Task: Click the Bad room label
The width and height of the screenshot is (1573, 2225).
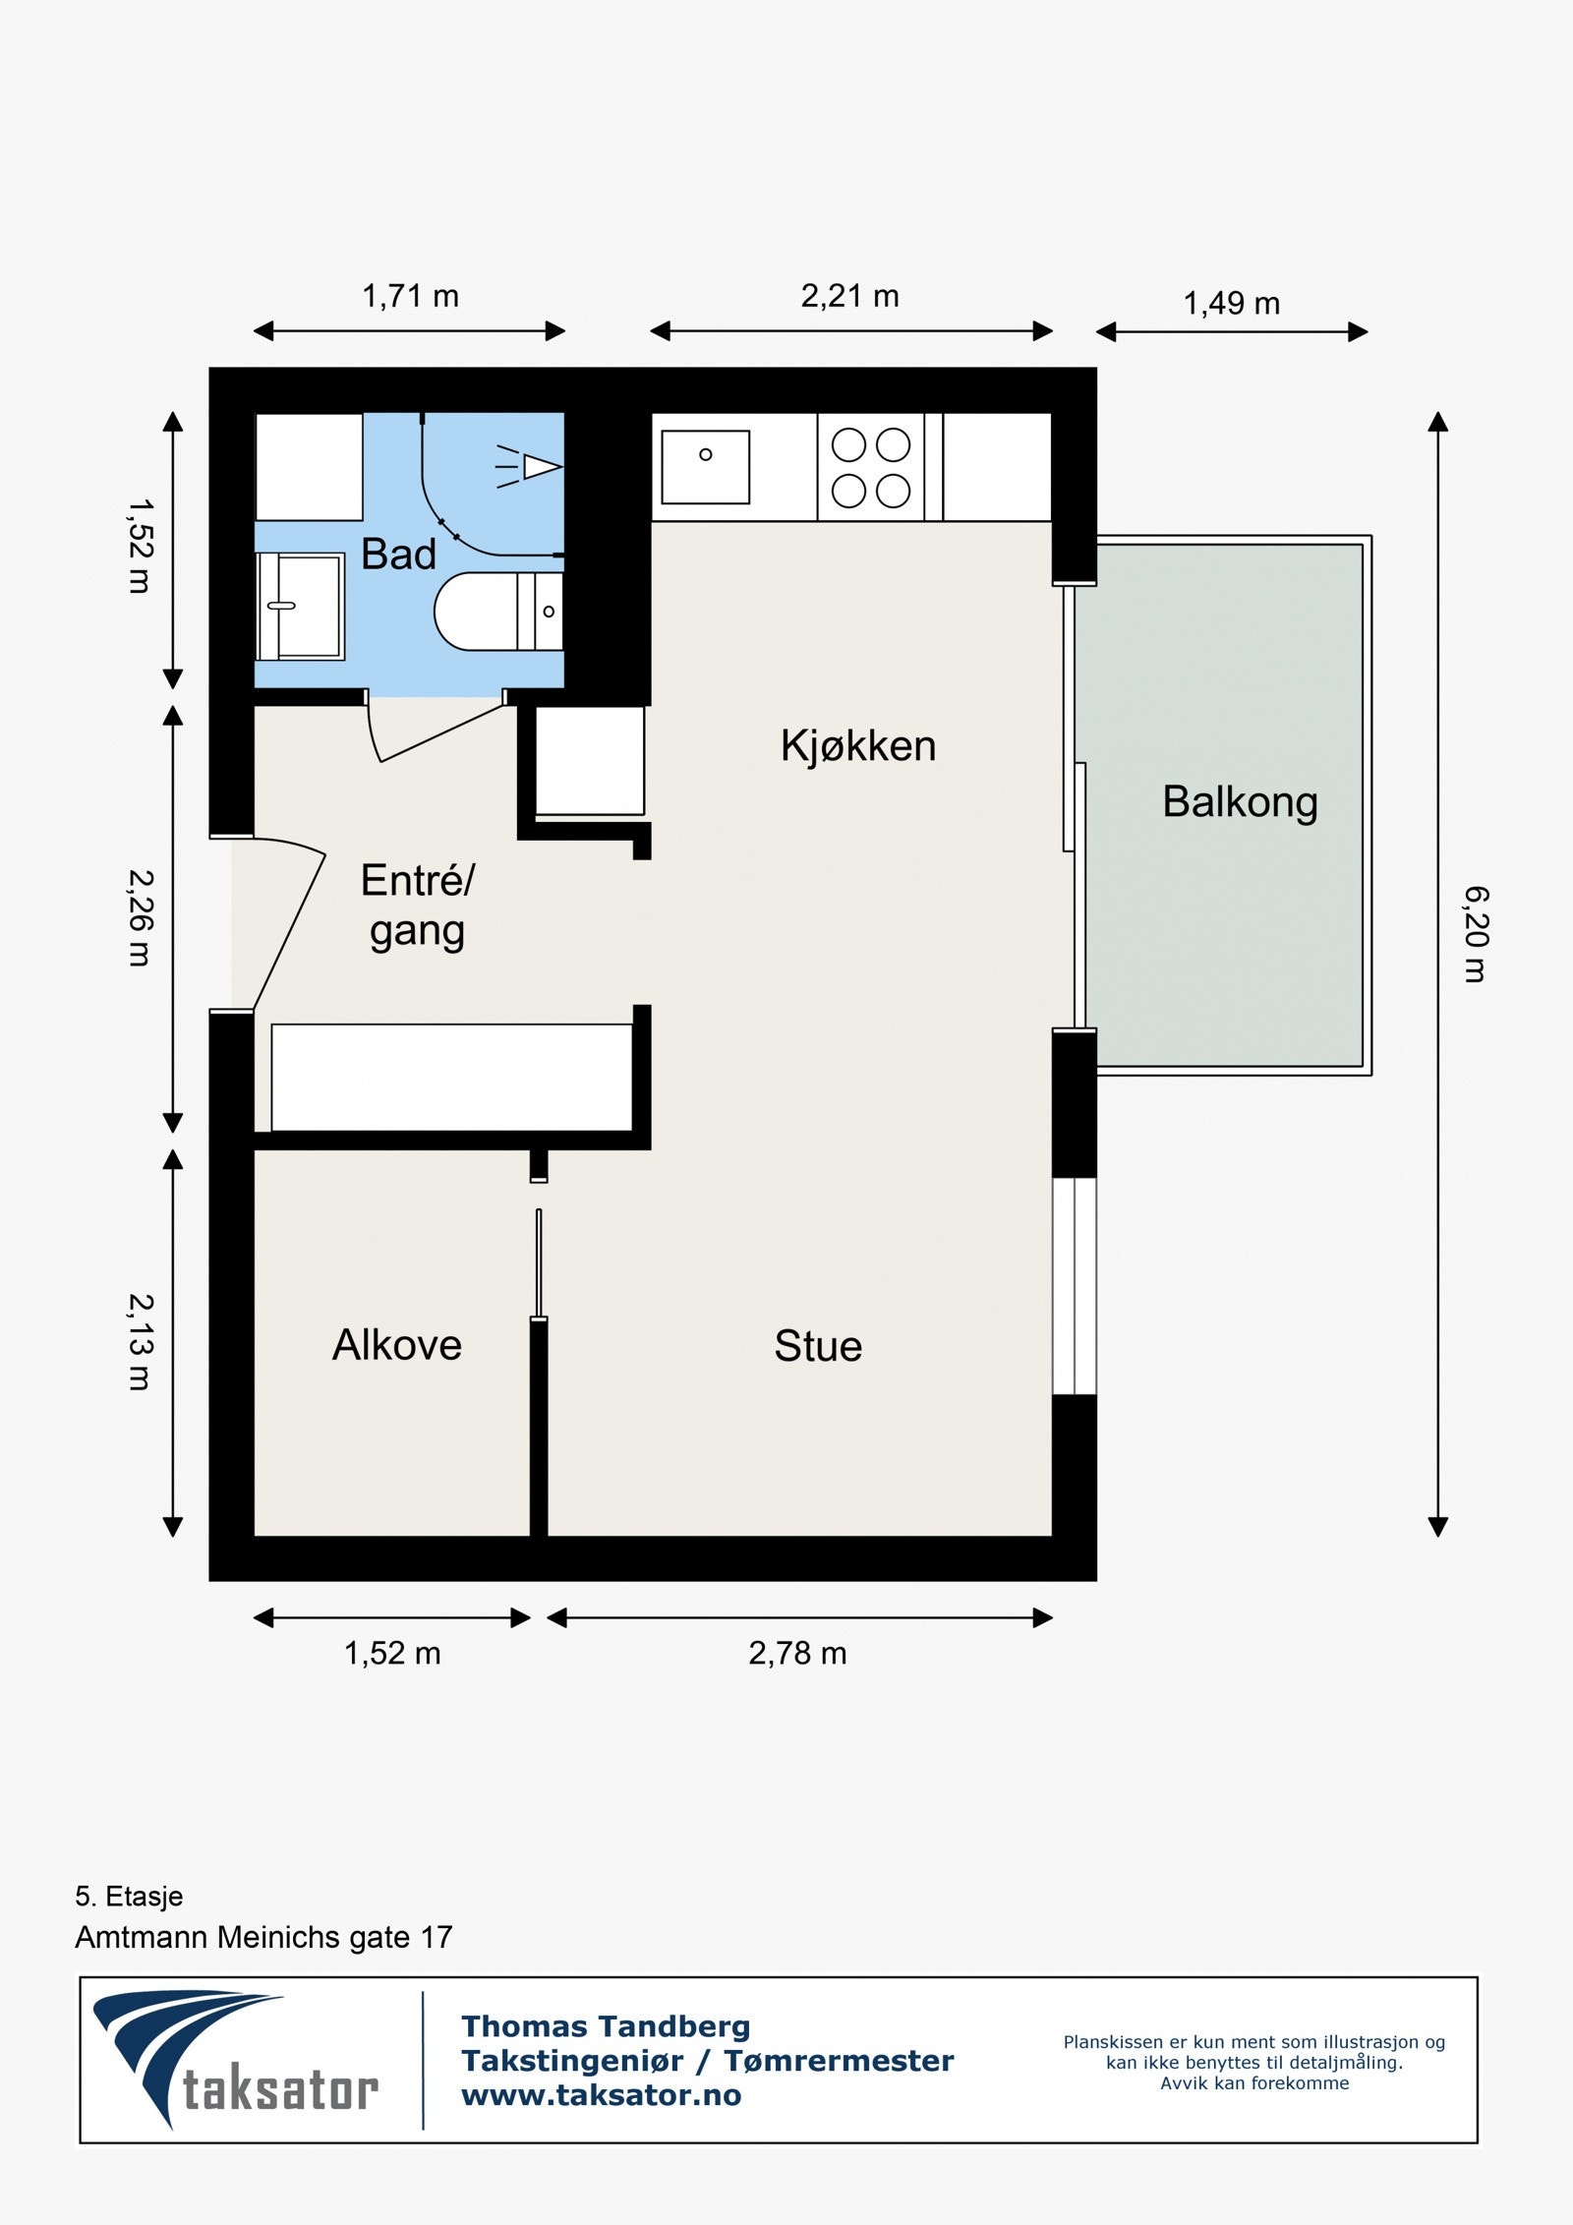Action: (x=398, y=555)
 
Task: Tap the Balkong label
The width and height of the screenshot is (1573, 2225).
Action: (x=1240, y=802)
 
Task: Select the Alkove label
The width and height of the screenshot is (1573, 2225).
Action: (x=397, y=1345)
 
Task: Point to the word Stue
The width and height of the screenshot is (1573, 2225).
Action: (x=818, y=1346)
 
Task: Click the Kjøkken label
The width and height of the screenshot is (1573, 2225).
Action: (x=858, y=746)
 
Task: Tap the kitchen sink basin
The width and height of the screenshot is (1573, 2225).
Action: (x=705, y=467)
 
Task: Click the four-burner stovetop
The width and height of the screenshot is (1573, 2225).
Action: (x=871, y=467)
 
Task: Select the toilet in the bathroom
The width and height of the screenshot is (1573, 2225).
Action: (x=498, y=612)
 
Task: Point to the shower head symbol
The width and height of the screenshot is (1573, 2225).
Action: (x=530, y=467)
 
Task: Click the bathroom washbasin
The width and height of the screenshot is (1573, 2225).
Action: (x=300, y=607)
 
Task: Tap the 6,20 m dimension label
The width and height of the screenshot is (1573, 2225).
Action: (x=1476, y=934)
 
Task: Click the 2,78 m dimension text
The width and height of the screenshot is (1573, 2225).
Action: (x=797, y=1654)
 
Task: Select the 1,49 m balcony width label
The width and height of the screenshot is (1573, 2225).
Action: (x=1232, y=304)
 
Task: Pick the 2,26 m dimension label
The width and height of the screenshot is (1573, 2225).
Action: (x=141, y=917)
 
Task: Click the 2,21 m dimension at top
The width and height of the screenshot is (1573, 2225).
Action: (x=850, y=296)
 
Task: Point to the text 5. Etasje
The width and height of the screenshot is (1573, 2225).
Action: (x=129, y=1896)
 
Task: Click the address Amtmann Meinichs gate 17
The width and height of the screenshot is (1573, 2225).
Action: (x=263, y=1937)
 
